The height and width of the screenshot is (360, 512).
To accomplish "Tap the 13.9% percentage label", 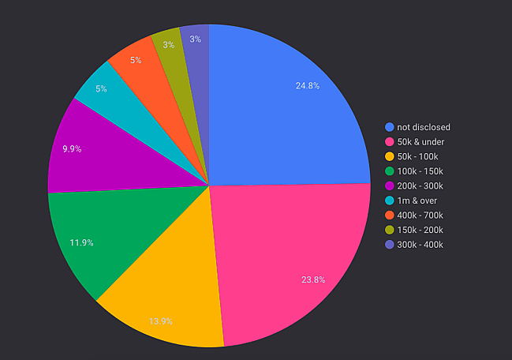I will [x=160, y=321].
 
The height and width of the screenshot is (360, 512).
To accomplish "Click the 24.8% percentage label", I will [x=306, y=85].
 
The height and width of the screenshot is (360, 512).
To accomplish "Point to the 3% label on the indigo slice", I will [x=195, y=39].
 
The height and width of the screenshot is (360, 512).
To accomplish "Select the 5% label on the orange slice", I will [x=136, y=60].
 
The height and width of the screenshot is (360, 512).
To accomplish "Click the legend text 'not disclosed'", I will [x=424, y=127].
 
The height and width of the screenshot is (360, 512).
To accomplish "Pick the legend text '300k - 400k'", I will [x=420, y=245].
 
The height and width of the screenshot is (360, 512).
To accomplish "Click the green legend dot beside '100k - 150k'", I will [x=389, y=171].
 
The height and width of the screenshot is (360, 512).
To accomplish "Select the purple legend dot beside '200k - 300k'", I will [x=389, y=186].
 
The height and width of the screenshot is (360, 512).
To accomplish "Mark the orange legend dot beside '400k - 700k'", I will [x=389, y=216].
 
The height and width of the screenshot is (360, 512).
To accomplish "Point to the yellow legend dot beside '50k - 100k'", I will [x=389, y=156].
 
